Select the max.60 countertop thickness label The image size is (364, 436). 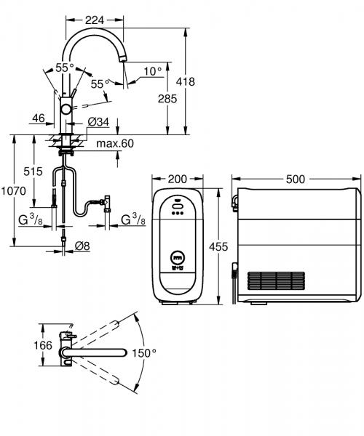click(x=115, y=144)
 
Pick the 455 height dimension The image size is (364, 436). click(x=218, y=247)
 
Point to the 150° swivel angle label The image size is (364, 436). click(x=145, y=352)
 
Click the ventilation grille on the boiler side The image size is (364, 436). click(x=277, y=281)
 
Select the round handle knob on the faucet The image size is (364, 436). click(x=66, y=108)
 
